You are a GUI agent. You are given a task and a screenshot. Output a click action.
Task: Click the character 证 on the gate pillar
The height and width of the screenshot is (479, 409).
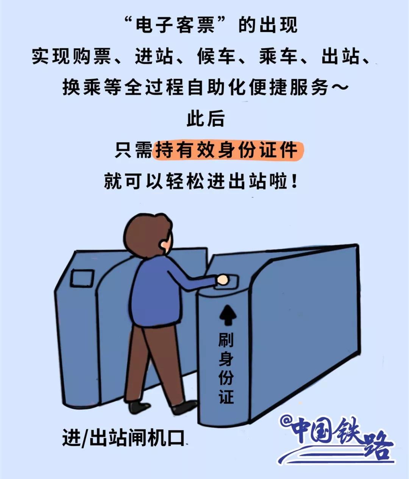pyautogui.click(x=226, y=396)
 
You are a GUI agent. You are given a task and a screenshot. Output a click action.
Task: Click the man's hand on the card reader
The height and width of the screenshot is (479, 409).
pyautogui.click(x=222, y=280)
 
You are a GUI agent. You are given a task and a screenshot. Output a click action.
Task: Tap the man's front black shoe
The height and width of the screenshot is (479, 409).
pyautogui.click(x=186, y=407)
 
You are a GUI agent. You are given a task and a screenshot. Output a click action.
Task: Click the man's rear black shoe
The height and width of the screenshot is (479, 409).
pyautogui.click(x=139, y=407)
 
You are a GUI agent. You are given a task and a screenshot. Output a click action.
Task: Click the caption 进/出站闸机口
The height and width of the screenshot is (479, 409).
pyautogui.click(x=123, y=438)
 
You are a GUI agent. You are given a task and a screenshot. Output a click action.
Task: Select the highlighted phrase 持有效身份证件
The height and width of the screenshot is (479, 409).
pyautogui.click(x=227, y=150)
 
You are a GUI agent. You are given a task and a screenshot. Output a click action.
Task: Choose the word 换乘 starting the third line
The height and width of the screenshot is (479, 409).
pyautogui.click(x=82, y=88)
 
